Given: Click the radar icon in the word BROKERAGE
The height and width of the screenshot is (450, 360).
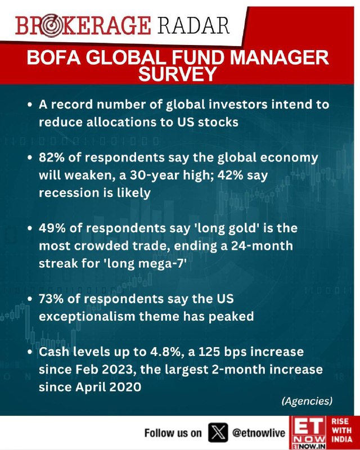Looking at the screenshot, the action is [x=51, y=26].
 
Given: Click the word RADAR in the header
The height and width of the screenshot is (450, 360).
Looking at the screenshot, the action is [x=193, y=26].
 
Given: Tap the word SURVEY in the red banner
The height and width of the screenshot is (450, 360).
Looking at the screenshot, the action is [x=177, y=74].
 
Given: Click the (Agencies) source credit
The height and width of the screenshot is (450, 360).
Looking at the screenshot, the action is [x=307, y=400].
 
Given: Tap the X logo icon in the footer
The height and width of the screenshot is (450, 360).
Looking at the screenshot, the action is [x=218, y=432].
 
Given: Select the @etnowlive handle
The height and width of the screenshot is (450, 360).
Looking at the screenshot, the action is [x=258, y=433].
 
